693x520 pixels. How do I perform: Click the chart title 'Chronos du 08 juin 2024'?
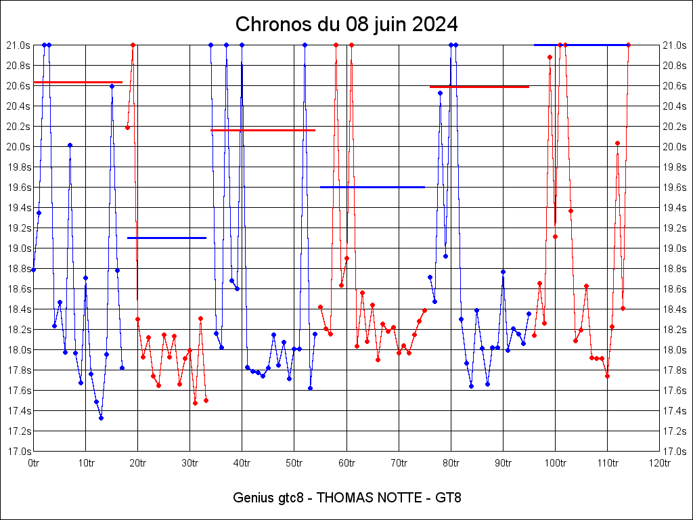point(346,25)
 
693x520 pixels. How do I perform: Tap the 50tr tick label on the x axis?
point(294,462)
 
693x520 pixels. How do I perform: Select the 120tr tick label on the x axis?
point(659,462)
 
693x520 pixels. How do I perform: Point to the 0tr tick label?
point(33,462)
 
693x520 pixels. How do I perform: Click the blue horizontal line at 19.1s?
point(166,238)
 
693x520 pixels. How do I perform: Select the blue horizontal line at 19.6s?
point(372,187)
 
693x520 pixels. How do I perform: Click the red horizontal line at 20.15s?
point(263,130)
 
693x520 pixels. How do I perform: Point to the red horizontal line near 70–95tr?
point(479,87)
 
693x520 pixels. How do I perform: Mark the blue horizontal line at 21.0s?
point(581,45)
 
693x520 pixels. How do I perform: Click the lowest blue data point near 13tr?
point(101,418)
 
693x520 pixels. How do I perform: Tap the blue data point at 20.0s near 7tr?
point(70,145)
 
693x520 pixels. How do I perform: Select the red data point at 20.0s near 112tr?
point(617,143)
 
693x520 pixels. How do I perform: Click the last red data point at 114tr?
point(628,45)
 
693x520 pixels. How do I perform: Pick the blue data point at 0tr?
point(33,269)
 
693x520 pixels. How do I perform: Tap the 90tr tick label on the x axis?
point(503,462)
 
